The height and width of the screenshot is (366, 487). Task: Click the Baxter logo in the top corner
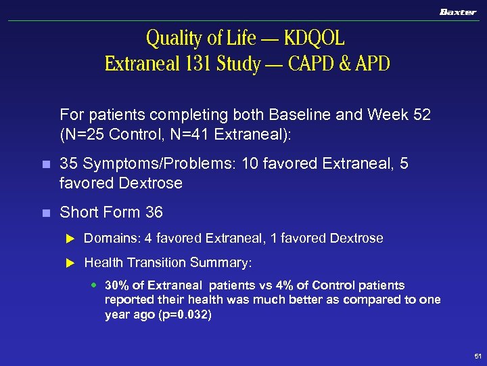[x=458, y=12]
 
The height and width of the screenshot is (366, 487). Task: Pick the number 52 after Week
[x=419, y=115]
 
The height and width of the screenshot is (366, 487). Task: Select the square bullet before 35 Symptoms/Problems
[x=45, y=165]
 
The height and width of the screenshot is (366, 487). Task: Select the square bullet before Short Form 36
[x=45, y=213]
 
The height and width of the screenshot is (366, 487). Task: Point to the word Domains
[x=108, y=239]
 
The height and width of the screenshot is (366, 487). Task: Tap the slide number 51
[x=478, y=355]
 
